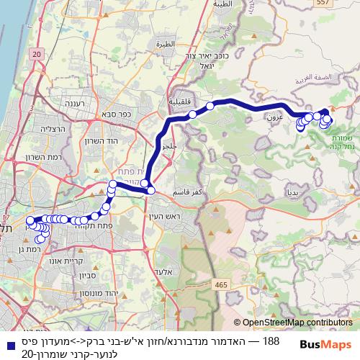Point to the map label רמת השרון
49,157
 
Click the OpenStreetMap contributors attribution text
297,323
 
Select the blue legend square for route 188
8,341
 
